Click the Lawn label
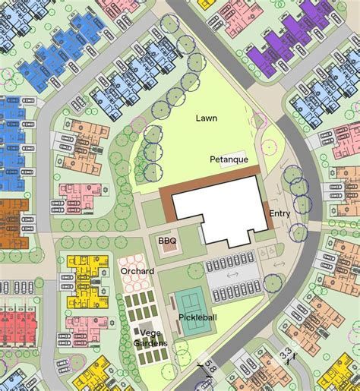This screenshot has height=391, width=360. point(207,118)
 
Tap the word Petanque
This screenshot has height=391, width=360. point(229,159)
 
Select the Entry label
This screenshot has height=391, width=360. point(279,214)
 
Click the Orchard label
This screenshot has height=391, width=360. point(137,271)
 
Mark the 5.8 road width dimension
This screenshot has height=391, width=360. point(209,373)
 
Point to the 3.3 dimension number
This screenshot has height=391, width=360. point(286,354)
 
